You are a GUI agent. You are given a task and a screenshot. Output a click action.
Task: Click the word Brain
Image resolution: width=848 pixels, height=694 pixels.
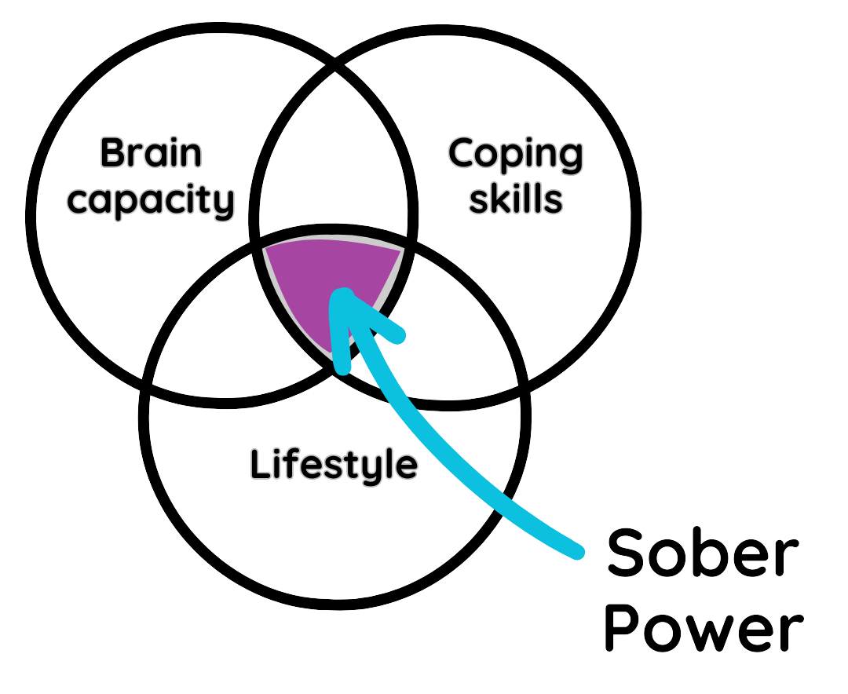click(x=151, y=153)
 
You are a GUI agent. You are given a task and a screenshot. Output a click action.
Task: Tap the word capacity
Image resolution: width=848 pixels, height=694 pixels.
click(x=150, y=200)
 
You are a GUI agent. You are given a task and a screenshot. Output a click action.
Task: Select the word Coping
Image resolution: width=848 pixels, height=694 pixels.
click(x=515, y=154)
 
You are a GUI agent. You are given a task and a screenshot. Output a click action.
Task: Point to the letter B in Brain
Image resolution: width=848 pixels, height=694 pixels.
click(x=112, y=153)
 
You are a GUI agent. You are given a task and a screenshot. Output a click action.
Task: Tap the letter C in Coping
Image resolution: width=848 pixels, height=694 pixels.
click(x=464, y=154)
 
